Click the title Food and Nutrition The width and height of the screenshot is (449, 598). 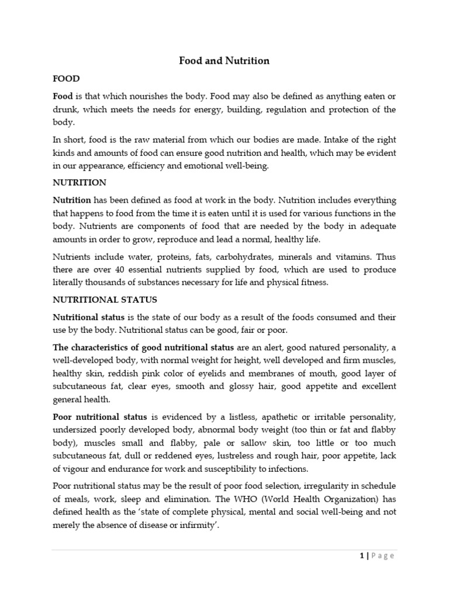point(224,61)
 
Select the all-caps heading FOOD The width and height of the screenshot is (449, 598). point(66,78)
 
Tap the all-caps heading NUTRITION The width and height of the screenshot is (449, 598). point(80,182)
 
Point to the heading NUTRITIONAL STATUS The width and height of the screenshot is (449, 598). point(105,300)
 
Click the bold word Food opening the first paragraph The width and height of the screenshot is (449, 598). point(63,95)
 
